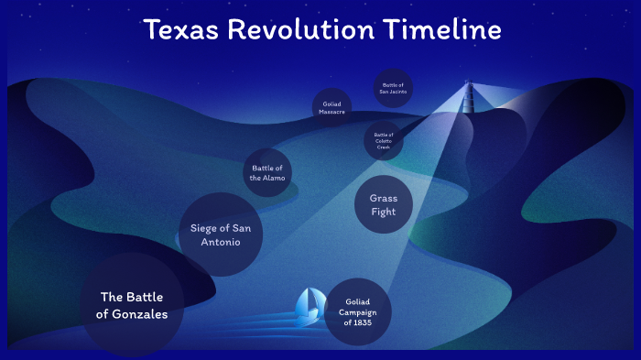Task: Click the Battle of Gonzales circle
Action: coord(128,305)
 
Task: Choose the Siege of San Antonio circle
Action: coord(221,235)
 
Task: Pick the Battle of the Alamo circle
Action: coord(267,172)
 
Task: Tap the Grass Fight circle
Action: coord(383,206)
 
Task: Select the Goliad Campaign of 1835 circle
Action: coord(357,311)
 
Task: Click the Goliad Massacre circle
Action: coord(331,108)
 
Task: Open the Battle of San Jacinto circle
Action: coord(394,88)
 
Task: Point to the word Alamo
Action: coord(278,178)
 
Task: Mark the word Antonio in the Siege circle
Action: coord(221,242)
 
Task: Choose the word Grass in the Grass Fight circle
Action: coord(383,198)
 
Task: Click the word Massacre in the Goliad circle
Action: coord(331,112)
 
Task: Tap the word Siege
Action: coord(205,227)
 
